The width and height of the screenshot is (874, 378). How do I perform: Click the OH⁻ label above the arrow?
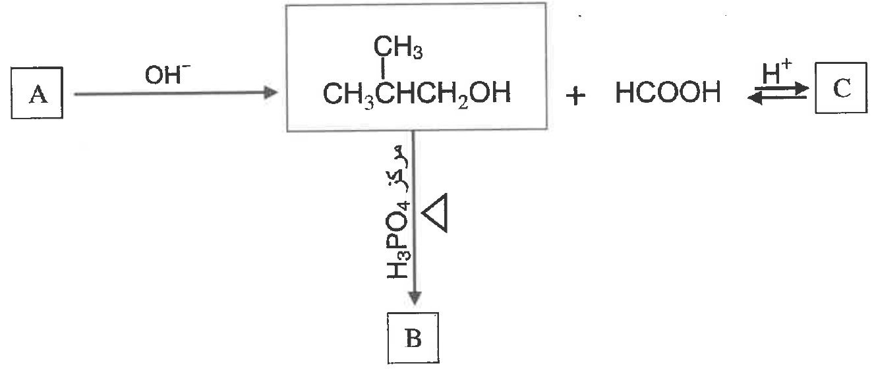coord(167,74)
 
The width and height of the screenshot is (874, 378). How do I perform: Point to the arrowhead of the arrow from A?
coord(271,93)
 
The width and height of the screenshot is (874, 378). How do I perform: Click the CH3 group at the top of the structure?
coord(397,47)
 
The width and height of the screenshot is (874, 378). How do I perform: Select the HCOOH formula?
coord(668,93)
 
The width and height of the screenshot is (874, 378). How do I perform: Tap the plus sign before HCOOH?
coord(575,96)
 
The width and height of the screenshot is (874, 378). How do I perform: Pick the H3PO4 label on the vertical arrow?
coord(398,240)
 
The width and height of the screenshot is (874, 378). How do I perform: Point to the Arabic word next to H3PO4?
coord(398,169)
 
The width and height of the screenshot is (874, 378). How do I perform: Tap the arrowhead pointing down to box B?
coord(415,298)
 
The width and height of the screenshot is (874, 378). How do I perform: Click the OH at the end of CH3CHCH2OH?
coord(490,93)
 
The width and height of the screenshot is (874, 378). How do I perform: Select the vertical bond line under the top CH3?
coord(383,68)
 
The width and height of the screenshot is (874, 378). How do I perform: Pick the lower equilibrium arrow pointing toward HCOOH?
coord(777,98)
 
